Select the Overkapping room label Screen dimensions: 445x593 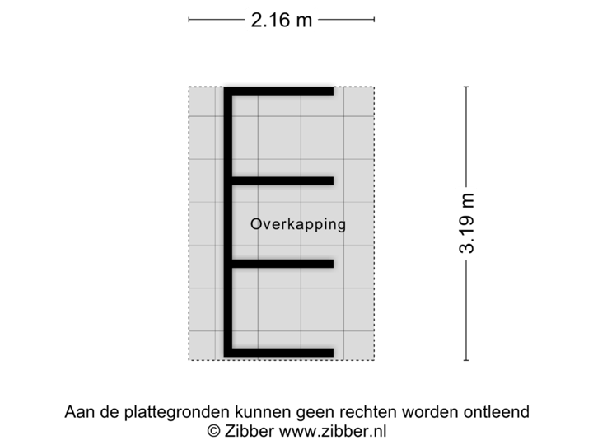[x=298, y=224]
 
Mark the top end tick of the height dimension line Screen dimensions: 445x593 [x=467, y=87]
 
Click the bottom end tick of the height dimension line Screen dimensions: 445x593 [x=467, y=360]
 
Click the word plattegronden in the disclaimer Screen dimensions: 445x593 [x=166, y=411]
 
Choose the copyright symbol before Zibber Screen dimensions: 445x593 [x=212, y=430]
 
